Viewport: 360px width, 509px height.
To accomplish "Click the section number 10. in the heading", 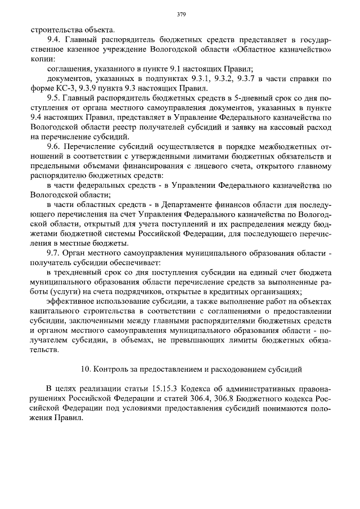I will pyautogui.click(x=86, y=370).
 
